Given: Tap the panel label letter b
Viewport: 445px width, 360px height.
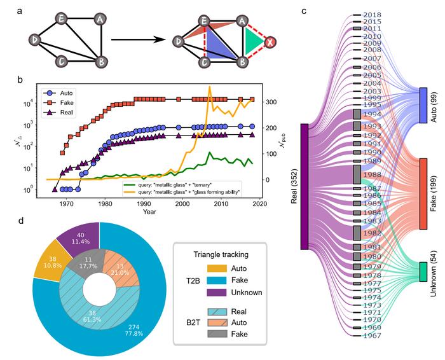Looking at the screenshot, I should click(21, 80).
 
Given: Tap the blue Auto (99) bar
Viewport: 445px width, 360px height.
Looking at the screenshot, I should click(423, 105).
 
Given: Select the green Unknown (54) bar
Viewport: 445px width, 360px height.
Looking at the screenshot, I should click(423, 271).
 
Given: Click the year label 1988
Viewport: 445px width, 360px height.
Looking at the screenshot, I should click(371, 175).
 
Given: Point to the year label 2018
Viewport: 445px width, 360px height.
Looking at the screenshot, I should click(371, 15).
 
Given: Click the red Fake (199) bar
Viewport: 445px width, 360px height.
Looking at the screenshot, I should click(423, 193).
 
